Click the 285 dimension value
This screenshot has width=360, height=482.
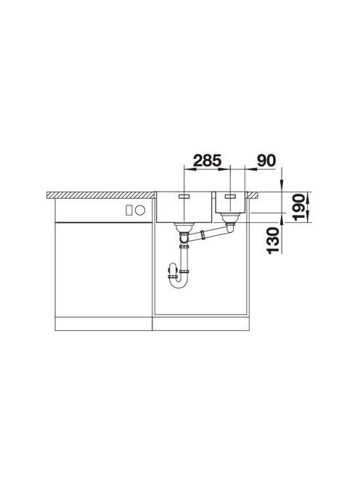(x=207, y=160)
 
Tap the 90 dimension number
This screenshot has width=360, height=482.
(x=266, y=160)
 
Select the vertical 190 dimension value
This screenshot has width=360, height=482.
(x=299, y=207)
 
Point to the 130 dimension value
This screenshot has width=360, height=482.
(x=274, y=240)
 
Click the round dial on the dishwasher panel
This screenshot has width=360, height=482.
(x=140, y=211)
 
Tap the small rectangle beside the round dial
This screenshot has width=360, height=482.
(x=128, y=211)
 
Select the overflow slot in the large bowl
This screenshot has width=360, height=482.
(x=184, y=196)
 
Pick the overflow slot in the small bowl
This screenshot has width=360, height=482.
(x=230, y=196)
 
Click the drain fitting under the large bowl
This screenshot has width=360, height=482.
(x=184, y=227)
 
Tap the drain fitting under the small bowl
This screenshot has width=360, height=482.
(x=229, y=218)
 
